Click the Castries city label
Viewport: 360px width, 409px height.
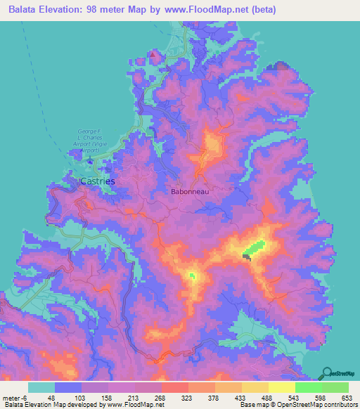click(98, 181)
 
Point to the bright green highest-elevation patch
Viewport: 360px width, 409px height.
click(255, 247)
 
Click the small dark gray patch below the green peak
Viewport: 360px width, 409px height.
click(247, 257)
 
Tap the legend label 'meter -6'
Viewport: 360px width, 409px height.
click(12, 397)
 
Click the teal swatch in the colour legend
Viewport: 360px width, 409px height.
click(41, 387)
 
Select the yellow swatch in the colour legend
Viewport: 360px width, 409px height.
click(282, 387)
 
